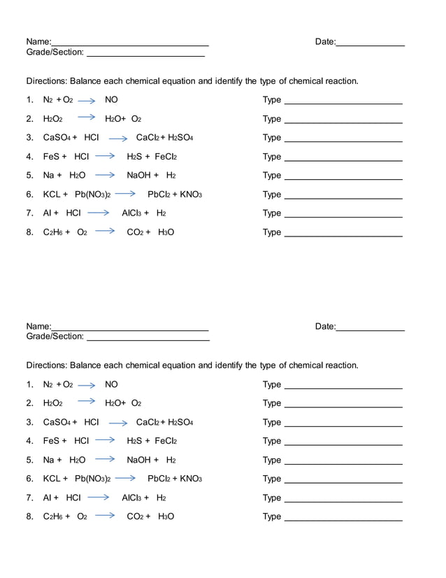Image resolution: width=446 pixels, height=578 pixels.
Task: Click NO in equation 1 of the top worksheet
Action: point(111,100)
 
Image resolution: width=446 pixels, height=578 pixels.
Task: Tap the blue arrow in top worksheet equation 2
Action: point(86,118)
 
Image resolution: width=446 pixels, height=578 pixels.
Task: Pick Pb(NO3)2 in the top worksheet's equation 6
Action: point(92,195)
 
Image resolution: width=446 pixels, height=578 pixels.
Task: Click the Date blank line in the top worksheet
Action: point(371,45)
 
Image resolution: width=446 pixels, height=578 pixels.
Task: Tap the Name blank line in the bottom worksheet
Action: point(130,329)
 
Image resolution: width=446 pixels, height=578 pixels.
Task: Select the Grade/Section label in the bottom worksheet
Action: point(55,337)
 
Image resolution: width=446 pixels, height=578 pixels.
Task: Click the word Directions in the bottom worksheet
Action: point(47,365)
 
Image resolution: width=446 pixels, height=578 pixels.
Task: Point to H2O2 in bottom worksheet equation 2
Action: point(53,404)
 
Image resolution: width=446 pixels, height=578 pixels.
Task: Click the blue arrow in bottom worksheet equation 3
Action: point(118,423)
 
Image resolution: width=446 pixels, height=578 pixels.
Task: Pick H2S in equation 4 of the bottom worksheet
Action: point(134,442)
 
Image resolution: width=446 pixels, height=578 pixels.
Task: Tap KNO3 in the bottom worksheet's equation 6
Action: point(190,479)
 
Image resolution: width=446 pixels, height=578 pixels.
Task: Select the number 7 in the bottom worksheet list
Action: point(29,498)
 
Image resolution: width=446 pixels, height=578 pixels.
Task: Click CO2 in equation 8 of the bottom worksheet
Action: point(135,517)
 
